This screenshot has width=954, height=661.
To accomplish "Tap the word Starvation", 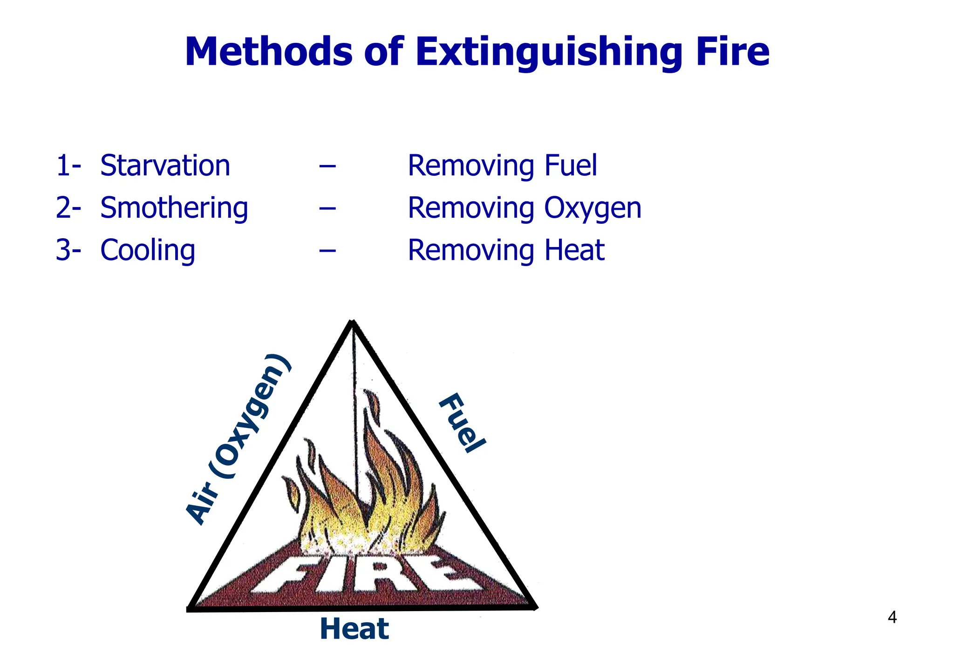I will [165, 165].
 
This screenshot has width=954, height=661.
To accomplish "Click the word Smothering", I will [174, 208].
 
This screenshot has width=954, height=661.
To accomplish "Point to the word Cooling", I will [148, 250].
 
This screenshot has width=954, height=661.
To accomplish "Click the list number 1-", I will [68, 165].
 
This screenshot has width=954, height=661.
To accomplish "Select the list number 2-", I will [68, 208].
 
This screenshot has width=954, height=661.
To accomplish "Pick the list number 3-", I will [68, 250].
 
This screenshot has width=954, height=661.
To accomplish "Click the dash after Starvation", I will [327, 166].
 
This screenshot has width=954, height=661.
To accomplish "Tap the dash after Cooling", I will [327, 251].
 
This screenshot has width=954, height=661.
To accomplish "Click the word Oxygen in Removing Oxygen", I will [593, 209].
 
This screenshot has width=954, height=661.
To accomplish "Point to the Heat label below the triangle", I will [354, 629].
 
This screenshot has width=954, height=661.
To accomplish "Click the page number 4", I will [892, 617].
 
